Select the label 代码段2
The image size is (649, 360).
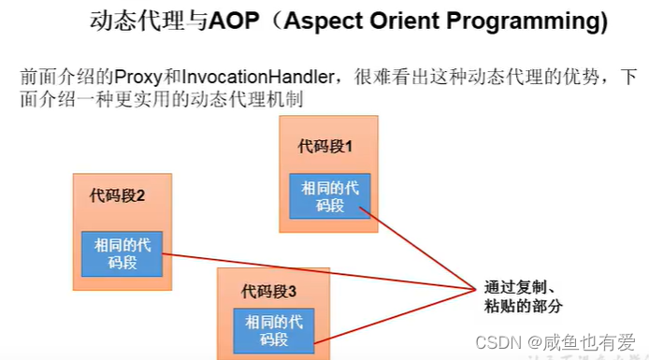(x=118, y=195)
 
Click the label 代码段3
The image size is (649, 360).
(x=268, y=289)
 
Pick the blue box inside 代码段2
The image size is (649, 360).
(x=123, y=253)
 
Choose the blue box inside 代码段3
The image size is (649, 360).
(x=274, y=330)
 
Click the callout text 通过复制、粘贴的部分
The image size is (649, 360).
(x=525, y=296)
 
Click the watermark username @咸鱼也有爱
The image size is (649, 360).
(x=580, y=344)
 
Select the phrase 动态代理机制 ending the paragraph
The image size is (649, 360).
(x=252, y=99)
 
